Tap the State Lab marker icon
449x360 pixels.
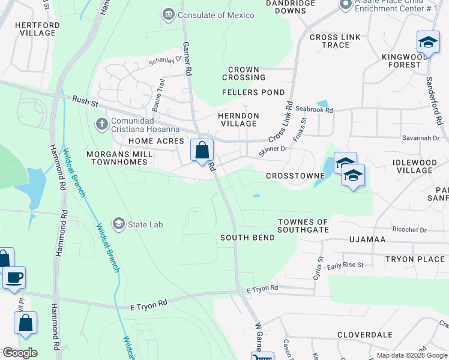118,224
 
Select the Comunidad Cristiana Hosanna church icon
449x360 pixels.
101,124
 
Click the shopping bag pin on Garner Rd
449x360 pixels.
202,150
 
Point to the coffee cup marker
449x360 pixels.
14,278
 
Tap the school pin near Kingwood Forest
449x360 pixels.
428,43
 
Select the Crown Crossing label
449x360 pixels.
244,73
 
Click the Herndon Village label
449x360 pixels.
238,119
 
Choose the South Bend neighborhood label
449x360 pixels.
247,238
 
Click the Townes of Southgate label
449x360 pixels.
303,226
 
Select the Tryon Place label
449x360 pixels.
415,259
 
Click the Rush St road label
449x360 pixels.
85,101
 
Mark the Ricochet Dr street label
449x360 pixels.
409,230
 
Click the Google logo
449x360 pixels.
20,353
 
